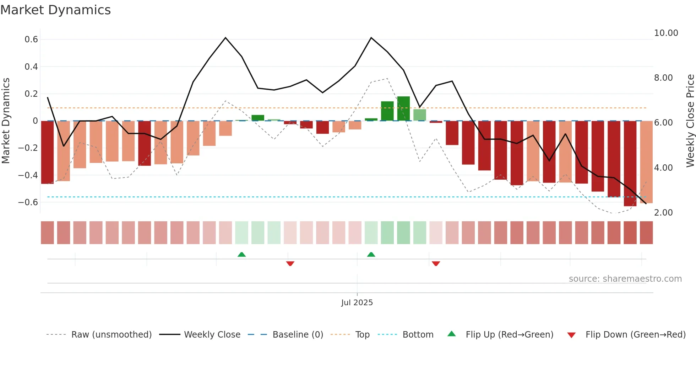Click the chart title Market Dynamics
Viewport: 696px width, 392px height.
pyautogui.click(x=56, y=10)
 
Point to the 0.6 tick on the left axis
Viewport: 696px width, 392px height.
pyautogui.click(x=31, y=39)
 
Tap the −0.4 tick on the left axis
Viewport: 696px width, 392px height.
pyautogui.click(x=28, y=175)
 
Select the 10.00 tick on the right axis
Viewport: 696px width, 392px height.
pyautogui.click(x=666, y=33)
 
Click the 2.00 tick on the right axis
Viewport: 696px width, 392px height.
pyautogui.click(x=663, y=213)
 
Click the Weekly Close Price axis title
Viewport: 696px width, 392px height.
pyautogui.click(x=690, y=121)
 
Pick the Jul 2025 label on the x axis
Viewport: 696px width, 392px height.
pyautogui.click(x=357, y=303)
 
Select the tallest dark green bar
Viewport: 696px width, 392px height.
pyautogui.click(x=403, y=108)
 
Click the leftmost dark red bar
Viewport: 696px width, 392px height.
pyautogui.click(x=47, y=152)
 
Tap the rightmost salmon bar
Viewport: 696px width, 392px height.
pyautogui.click(x=646, y=162)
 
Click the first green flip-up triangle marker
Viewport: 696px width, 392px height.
pyautogui.click(x=241, y=254)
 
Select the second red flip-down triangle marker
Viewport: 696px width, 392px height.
pyautogui.click(x=436, y=264)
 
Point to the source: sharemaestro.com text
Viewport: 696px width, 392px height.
pyautogui.click(x=625, y=279)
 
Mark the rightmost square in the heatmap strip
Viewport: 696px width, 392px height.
pyautogui.click(x=646, y=233)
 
